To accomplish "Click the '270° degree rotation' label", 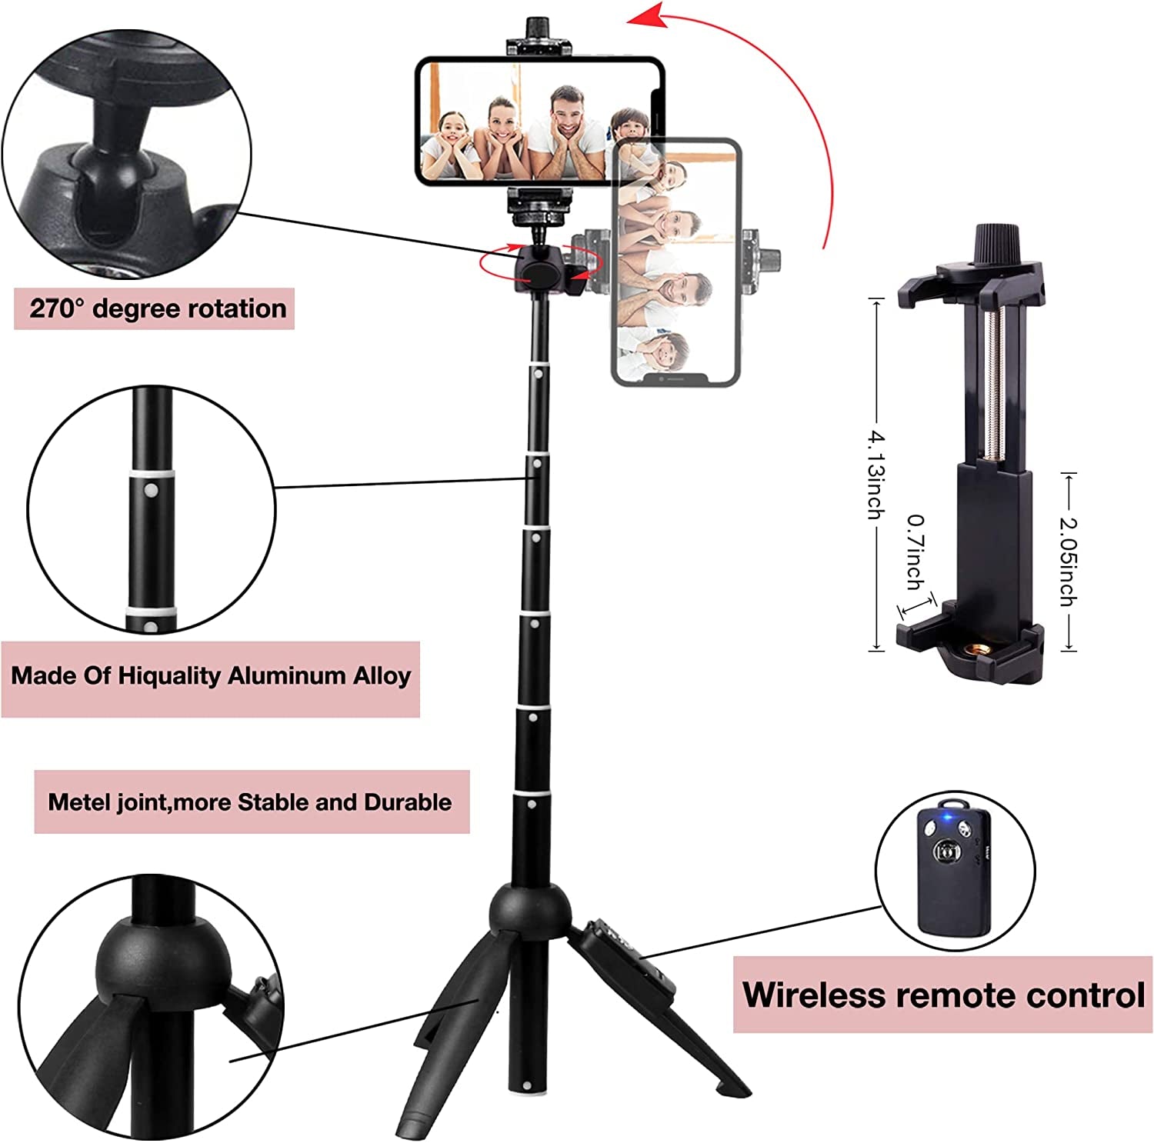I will click(x=157, y=308).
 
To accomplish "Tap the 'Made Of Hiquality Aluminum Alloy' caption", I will click(x=211, y=676).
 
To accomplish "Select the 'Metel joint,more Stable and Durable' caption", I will click(x=250, y=802).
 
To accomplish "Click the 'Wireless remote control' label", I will click(x=943, y=995).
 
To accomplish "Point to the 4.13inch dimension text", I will click(x=876, y=475).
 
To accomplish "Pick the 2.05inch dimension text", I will click(x=1068, y=561).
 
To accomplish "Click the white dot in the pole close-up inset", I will click(x=152, y=490).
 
